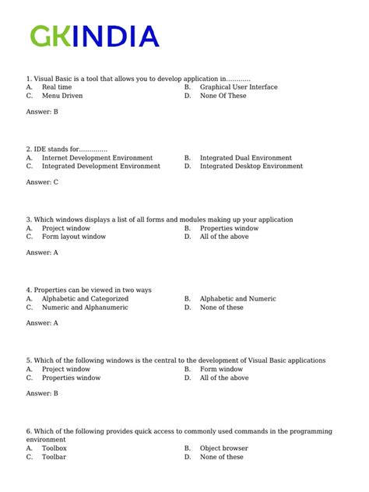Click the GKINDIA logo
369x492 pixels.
94,36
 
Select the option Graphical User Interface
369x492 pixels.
238,87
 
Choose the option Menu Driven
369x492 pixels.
62,96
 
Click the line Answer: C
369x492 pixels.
42,182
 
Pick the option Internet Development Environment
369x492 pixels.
97,157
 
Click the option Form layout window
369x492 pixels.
74,237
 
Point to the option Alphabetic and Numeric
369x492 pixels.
237,298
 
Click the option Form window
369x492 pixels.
221,369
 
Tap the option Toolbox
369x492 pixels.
54,448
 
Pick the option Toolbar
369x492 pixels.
54,457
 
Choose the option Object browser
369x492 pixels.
224,448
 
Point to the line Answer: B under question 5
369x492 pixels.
42,394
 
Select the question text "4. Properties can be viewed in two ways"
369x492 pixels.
89,290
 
